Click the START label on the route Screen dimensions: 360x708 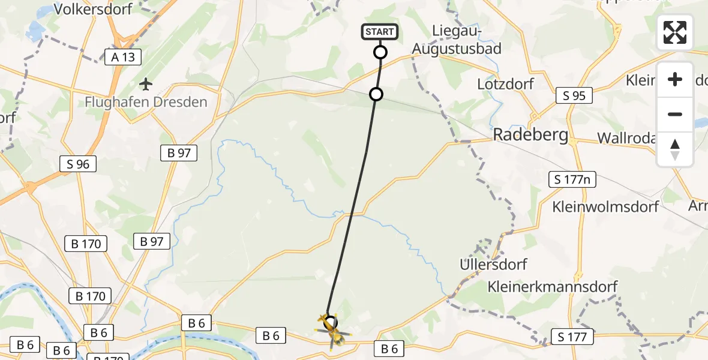pos(380,32)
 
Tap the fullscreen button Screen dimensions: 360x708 pos(675,32)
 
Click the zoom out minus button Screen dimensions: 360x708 pos(675,114)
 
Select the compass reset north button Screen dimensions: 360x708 pos(675,149)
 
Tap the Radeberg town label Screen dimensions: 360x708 pos(530,135)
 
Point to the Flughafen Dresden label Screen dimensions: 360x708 pos(146,102)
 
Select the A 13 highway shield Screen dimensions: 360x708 pos(122,57)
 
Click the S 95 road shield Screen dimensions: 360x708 pos(574,95)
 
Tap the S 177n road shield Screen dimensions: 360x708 pos(572,179)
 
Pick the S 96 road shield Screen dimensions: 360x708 pos(78,164)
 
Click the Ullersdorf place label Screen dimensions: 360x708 pos(493,264)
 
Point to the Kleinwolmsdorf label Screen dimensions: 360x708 pos(605,207)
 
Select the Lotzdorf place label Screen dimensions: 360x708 pos(505,83)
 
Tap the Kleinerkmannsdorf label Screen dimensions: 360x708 pos(553,286)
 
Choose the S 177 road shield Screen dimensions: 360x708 pos(572,337)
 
